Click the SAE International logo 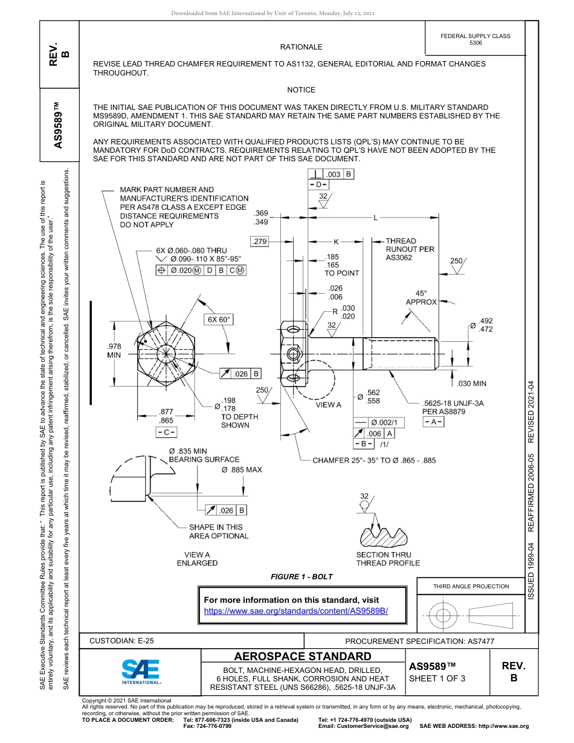click(141, 671)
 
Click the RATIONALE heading click(301, 47)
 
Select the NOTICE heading click(301, 90)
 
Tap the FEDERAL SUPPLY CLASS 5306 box click(476, 39)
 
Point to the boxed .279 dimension click(260, 242)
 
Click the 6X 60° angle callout click(219, 319)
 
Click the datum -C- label click(166, 432)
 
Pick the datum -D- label click(319, 184)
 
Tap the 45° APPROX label click(421, 297)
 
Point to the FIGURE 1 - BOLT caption click(302, 577)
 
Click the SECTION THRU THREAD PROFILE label click(388, 559)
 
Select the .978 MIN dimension click(114, 350)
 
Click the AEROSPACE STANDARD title click(303, 657)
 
